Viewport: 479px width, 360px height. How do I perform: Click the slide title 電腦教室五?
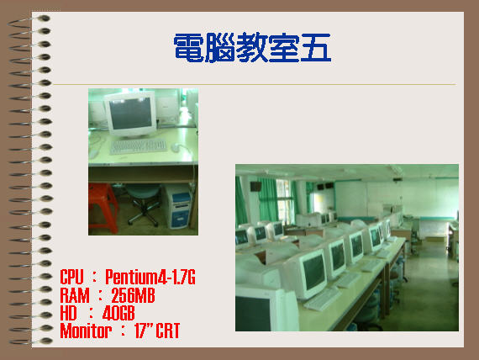[252, 48]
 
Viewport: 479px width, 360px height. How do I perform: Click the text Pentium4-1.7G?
[150, 277]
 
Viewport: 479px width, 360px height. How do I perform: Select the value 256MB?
[133, 295]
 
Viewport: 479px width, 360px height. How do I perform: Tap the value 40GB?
[118, 313]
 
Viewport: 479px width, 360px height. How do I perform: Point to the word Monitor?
[86, 331]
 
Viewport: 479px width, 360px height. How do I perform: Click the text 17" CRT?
[157, 331]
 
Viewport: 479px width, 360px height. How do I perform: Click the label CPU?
[71, 277]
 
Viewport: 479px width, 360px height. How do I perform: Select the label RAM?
[75, 295]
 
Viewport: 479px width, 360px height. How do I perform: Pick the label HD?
[68, 313]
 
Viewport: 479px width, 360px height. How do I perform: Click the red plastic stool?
[103, 208]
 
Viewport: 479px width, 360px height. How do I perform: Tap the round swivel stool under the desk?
[144, 204]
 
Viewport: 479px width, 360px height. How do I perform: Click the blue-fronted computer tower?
[179, 206]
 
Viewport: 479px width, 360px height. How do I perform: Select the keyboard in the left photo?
[138, 146]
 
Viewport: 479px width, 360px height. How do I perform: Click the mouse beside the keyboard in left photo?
[176, 147]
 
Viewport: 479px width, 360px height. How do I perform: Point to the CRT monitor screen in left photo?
[130, 114]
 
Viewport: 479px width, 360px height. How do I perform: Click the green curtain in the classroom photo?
[267, 199]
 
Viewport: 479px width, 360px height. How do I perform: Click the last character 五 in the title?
[316, 48]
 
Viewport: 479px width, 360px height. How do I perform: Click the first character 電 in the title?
[189, 48]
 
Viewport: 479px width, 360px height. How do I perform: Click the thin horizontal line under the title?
[254, 84]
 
